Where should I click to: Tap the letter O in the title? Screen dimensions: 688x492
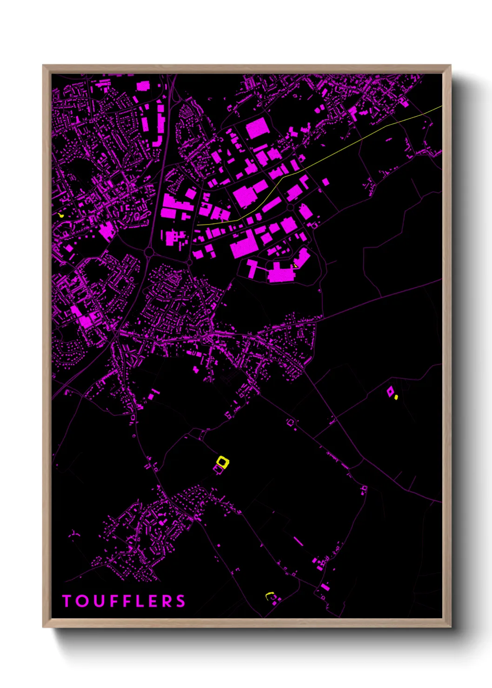pyautogui.click(x=83, y=601)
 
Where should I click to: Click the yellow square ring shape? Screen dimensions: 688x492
pyautogui.click(x=223, y=462)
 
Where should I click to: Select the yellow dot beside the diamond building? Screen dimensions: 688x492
pyautogui.click(x=396, y=397)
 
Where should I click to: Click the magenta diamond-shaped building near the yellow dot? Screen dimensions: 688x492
pyautogui.click(x=390, y=392)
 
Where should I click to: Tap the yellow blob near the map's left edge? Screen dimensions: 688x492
pyautogui.click(x=61, y=215)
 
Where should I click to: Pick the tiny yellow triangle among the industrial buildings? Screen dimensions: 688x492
pyautogui.click(x=295, y=265)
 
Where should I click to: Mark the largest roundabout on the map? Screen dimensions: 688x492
pyautogui.click(x=149, y=252)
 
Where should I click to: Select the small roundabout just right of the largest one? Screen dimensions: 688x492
pyautogui.click(x=189, y=263)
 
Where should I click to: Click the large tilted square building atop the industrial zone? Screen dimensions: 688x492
pyautogui.click(x=257, y=128)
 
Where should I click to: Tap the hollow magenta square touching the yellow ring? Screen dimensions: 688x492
pyautogui.click(x=218, y=470)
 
